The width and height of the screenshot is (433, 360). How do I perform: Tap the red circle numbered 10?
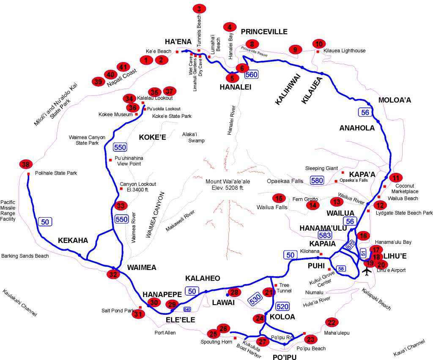(319, 44)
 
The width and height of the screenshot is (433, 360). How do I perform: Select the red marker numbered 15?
(278, 198)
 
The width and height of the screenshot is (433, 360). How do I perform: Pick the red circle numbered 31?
(137, 314)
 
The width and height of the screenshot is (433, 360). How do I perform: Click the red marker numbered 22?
(331, 322)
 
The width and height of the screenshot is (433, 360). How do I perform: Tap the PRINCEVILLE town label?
(264, 32)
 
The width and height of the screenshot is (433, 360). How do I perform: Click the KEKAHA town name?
(73, 240)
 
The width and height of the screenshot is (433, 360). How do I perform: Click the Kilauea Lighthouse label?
(344, 51)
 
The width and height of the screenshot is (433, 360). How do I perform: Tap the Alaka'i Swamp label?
(193, 137)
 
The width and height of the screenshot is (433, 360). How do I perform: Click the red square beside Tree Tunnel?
(276, 284)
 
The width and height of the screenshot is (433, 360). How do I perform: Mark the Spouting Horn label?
(216, 342)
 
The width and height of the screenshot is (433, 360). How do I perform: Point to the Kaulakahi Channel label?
(19, 303)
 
